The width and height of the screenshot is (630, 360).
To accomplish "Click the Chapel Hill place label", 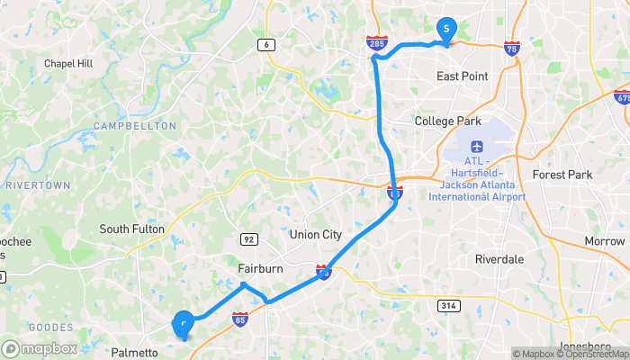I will pos(68,64).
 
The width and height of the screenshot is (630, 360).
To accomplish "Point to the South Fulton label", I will pos(132,229).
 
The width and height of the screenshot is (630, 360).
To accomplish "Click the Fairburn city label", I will pos(261,268).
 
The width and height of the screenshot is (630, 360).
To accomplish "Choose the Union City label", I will pos(316,235).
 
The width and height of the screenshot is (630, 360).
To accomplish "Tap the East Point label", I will pos(462,76).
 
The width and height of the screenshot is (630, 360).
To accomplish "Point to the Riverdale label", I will pos(499,258).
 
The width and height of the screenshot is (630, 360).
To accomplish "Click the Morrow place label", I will pos(605,241).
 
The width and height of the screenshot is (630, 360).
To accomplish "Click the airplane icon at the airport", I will pos(476,146).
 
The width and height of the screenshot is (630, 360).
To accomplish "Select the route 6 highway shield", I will pos(266,44).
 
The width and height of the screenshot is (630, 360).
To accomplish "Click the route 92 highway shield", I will pos(248,238).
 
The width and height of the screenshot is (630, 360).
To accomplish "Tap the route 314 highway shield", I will pos(447,307).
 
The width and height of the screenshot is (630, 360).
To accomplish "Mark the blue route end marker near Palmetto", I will pos(183,322).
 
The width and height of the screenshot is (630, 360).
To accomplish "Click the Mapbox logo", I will pos(40,348).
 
